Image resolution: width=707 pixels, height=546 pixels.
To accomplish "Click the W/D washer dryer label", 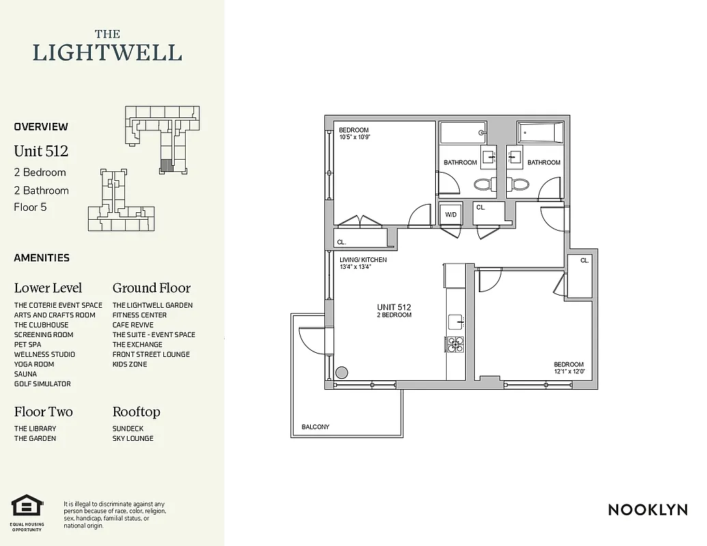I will pyautogui.click(x=451, y=214).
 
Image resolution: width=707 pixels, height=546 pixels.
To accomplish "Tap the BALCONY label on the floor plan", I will pyautogui.click(x=316, y=427).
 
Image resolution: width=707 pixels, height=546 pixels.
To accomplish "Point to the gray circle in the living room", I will pyautogui.click(x=342, y=373).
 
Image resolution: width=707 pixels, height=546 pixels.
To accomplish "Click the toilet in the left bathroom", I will pyautogui.click(x=483, y=184).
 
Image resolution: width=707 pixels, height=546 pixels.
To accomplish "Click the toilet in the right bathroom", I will pyautogui.click(x=520, y=184).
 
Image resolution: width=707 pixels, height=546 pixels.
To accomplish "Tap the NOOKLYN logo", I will pyautogui.click(x=648, y=509).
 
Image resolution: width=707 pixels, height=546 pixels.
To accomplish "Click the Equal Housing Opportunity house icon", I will pyautogui.click(x=27, y=506).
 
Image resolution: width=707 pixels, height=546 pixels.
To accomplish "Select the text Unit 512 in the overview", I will pyautogui.click(x=41, y=151).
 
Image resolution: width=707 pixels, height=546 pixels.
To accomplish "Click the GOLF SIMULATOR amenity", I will pyautogui.click(x=42, y=384).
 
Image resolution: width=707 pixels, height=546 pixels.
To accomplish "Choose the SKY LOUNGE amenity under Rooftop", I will pyautogui.click(x=133, y=439).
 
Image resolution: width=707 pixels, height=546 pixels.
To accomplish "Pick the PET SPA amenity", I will pyautogui.click(x=27, y=345).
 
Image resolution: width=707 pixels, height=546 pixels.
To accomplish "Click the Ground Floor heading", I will pyautogui.click(x=152, y=288).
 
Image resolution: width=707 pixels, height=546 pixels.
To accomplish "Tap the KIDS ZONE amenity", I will pyautogui.click(x=130, y=364).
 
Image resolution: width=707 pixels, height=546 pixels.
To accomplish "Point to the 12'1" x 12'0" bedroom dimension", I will pyautogui.click(x=569, y=372).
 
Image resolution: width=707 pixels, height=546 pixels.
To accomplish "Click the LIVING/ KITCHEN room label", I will pyautogui.click(x=363, y=260).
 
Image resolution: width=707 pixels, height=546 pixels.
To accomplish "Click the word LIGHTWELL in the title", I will pyautogui.click(x=107, y=53).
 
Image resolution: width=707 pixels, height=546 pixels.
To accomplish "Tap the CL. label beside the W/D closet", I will pyautogui.click(x=480, y=207).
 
